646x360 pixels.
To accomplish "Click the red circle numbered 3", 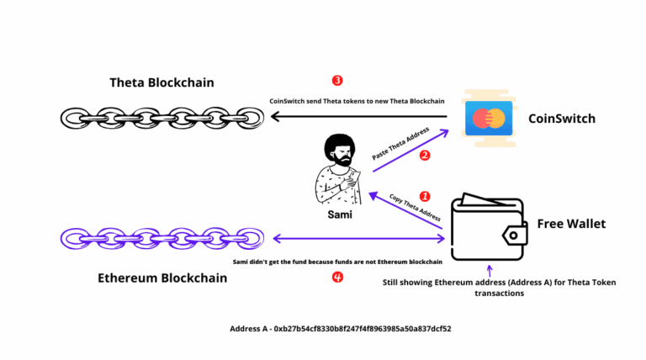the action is pos(337,80).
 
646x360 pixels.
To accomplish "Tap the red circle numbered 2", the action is pos(425,156).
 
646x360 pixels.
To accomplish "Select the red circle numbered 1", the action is pos(425,197).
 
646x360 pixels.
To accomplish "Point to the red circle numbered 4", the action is pos(337,278).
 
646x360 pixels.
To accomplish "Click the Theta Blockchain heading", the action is pos(161,82).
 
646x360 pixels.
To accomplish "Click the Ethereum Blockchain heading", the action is pos(162,278).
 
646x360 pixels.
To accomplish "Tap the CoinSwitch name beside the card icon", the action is pos(562,119).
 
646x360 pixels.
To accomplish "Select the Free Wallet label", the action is pos(571,224).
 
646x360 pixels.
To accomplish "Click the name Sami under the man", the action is pos(340,214).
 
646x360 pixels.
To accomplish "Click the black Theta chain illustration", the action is pos(162,119).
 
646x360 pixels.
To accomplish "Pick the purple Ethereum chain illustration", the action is pos(162,239).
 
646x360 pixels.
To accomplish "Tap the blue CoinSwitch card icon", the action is pos(489,119).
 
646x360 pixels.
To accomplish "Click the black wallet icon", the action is pos(489,226).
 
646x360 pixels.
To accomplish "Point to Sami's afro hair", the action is pos(340,147).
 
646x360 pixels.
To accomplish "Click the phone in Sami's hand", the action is pos(354,178).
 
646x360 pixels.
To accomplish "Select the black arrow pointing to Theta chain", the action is pos(359,117).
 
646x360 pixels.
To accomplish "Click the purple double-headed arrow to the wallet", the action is pos(359,239).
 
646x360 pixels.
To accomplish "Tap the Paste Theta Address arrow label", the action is pos(400,143).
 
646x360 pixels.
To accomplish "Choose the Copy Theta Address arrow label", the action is pos(415,207).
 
